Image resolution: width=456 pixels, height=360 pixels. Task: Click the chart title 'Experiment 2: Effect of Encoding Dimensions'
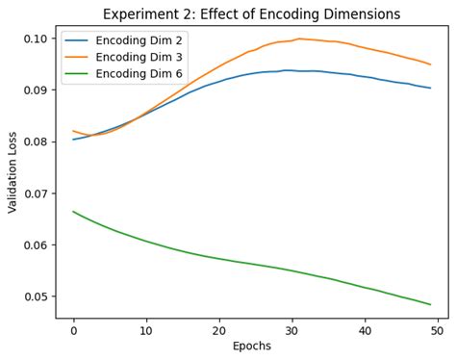(x=251, y=14)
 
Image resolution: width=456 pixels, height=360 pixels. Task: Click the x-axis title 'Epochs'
(x=251, y=347)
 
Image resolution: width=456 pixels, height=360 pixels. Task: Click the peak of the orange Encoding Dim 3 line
(x=299, y=39)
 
